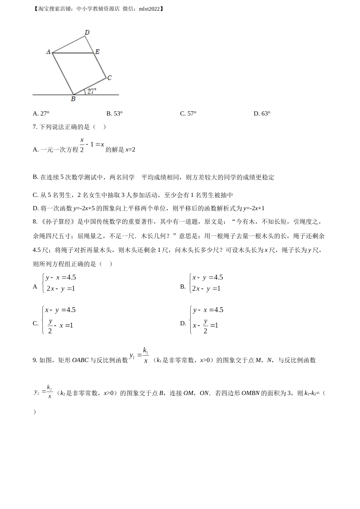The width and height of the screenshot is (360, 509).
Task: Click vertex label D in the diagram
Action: click(x=87, y=32)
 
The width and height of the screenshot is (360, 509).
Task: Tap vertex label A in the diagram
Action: click(x=49, y=52)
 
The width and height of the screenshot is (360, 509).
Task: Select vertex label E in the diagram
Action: click(x=97, y=52)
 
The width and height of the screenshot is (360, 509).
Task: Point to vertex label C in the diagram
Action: click(x=109, y=78)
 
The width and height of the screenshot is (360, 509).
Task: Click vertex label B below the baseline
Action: click(x=73, y=99)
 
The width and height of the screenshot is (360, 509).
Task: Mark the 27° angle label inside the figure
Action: click(x=92, y=91)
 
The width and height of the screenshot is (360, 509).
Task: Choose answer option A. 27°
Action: click(x=41, y=114)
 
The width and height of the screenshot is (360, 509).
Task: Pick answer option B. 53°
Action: click(x=114, y=114)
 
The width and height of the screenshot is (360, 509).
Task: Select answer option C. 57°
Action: click(x=188, y=114)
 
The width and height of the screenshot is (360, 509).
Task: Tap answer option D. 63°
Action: click(x=262, y=114)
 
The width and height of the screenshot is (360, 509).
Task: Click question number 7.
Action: click(x=35, y=127)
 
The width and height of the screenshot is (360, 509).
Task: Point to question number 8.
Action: click(x=35, y=222)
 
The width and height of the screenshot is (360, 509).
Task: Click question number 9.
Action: click(x=35, y=360)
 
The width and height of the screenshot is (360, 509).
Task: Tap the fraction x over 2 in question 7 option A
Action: click(x=82, y=144)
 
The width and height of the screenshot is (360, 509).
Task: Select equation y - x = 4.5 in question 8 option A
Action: click(x=61, y=278)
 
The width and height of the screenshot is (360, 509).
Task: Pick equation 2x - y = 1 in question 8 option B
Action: click(x=206, y=289)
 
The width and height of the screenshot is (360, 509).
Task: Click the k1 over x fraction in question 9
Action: click(x=146, y=355)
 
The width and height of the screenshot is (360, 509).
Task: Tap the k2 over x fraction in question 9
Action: click(x=50, y=392)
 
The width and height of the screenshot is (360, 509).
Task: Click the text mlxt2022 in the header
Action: click(x=149, y=9)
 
